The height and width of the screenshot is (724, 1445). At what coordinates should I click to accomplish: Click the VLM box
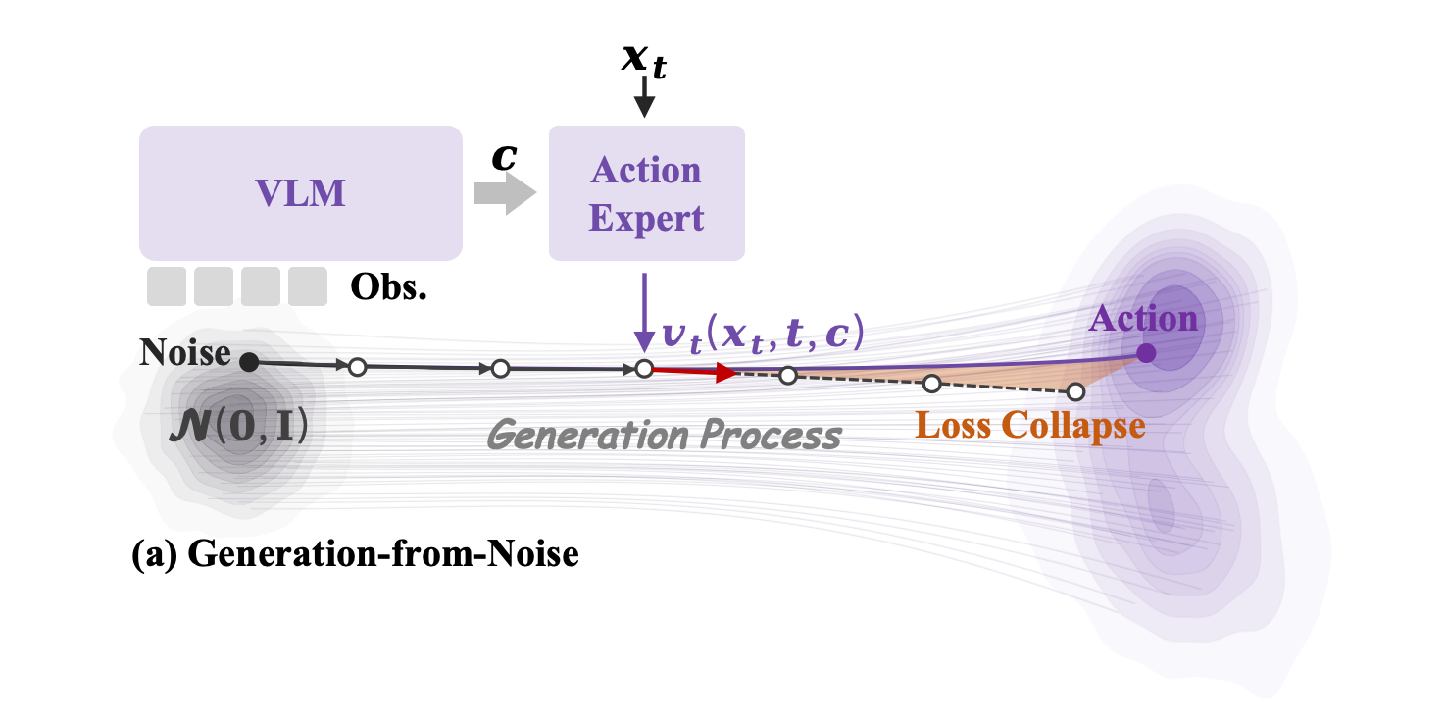(300, 193)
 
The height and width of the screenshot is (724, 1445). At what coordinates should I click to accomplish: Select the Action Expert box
(646, 193)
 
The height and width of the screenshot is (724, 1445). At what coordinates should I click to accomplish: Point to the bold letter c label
(504, 157)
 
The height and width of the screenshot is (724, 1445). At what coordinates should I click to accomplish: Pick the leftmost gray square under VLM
(167, 286)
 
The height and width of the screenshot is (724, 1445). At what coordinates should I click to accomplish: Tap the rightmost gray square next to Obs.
(308, 286)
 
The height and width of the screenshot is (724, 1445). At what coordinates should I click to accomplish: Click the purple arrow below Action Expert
(644, 312)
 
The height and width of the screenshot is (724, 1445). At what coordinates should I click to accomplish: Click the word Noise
(184, 352)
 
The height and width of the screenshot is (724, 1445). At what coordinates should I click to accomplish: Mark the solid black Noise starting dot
(249, 362)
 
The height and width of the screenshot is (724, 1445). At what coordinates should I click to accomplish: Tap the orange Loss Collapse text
(1029, 426)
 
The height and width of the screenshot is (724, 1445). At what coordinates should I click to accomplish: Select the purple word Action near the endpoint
(1143, 319)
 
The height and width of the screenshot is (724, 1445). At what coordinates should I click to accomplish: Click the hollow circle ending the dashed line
(1075, 391)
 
